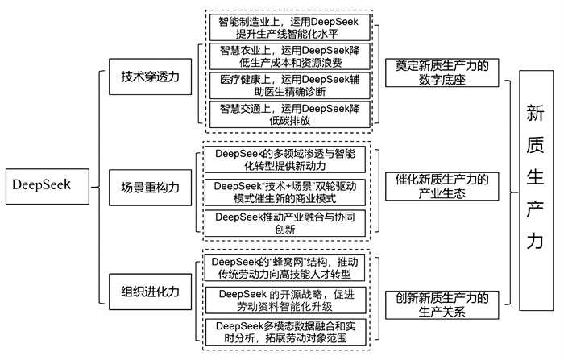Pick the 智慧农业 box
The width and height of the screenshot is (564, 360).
pos(289,57)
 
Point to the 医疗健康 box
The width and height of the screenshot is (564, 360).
pos(289,85)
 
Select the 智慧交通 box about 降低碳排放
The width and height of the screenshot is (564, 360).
pos(289,114)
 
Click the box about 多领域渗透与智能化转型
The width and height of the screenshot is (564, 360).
pos(289,159)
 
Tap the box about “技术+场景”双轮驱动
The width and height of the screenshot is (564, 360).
pos(289,192)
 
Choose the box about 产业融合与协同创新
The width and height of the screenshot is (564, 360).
pos(289,223)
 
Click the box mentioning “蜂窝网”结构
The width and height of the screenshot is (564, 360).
pos(289,268)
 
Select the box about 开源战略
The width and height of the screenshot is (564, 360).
pos(289,300)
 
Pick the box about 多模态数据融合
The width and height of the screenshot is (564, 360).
pos(289,333)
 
